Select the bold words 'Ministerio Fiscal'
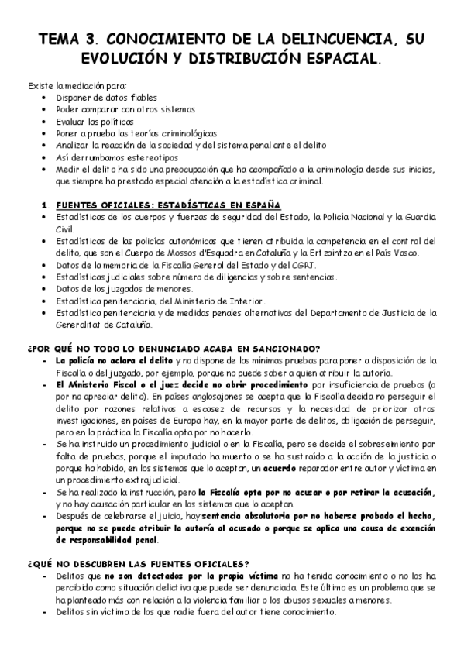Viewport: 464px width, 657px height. point(100,384)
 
